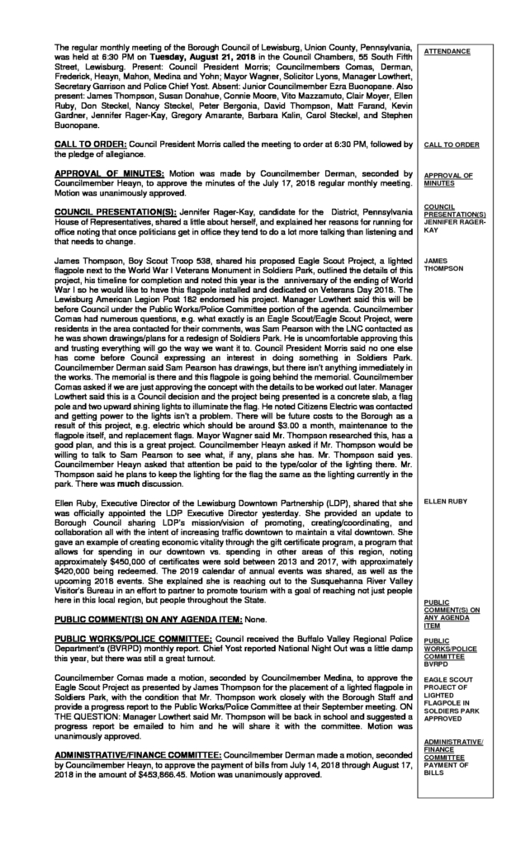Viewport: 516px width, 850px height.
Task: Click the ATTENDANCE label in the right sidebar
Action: [x=447, y=52]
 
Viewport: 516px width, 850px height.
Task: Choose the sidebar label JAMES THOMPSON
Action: [x=444, y=264]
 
